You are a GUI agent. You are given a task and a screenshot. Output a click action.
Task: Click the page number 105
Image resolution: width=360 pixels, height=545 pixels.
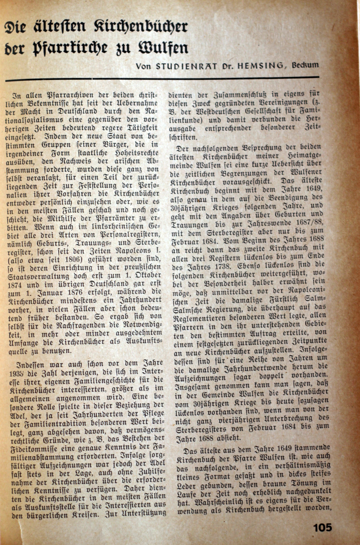point(322,528)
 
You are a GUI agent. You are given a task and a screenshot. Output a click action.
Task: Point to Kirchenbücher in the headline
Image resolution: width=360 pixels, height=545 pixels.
point(141,28)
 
